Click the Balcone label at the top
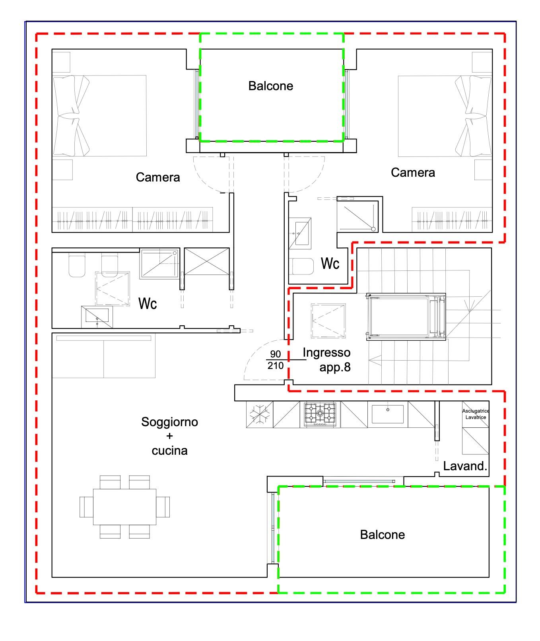(x=271, y=86)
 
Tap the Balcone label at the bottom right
(x=382, y=535)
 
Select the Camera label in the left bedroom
(x=158, y=177)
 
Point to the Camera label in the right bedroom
(x=413, y=172)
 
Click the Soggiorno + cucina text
(x=169, y=436)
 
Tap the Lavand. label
(x=465, y=466)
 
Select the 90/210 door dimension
(x=275, y=360)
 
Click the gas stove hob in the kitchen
(x=320, y=414)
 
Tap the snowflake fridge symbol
(x=259, y=414)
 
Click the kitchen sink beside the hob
(x=387, y=414)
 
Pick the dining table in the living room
(x=124, y=507)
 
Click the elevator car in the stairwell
(x=406, y=317)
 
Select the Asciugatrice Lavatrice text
(x=476, y=414)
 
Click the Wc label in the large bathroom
(x=148, y=304)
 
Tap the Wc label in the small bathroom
(x=330, y=263)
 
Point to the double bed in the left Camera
(x=99, y=116)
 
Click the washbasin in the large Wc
(x=97, y=317)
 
